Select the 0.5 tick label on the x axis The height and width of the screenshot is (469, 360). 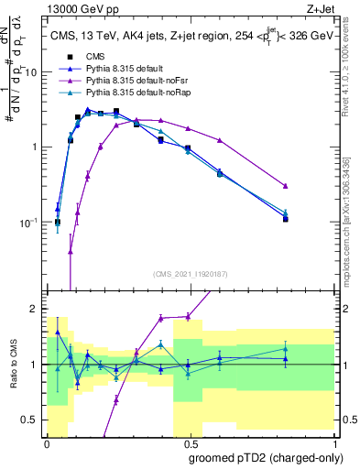point(191,442)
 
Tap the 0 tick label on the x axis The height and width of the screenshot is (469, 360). point(47,442)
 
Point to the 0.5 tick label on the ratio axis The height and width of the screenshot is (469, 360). point(34,420)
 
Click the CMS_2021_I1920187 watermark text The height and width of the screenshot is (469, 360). point(191,273)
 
